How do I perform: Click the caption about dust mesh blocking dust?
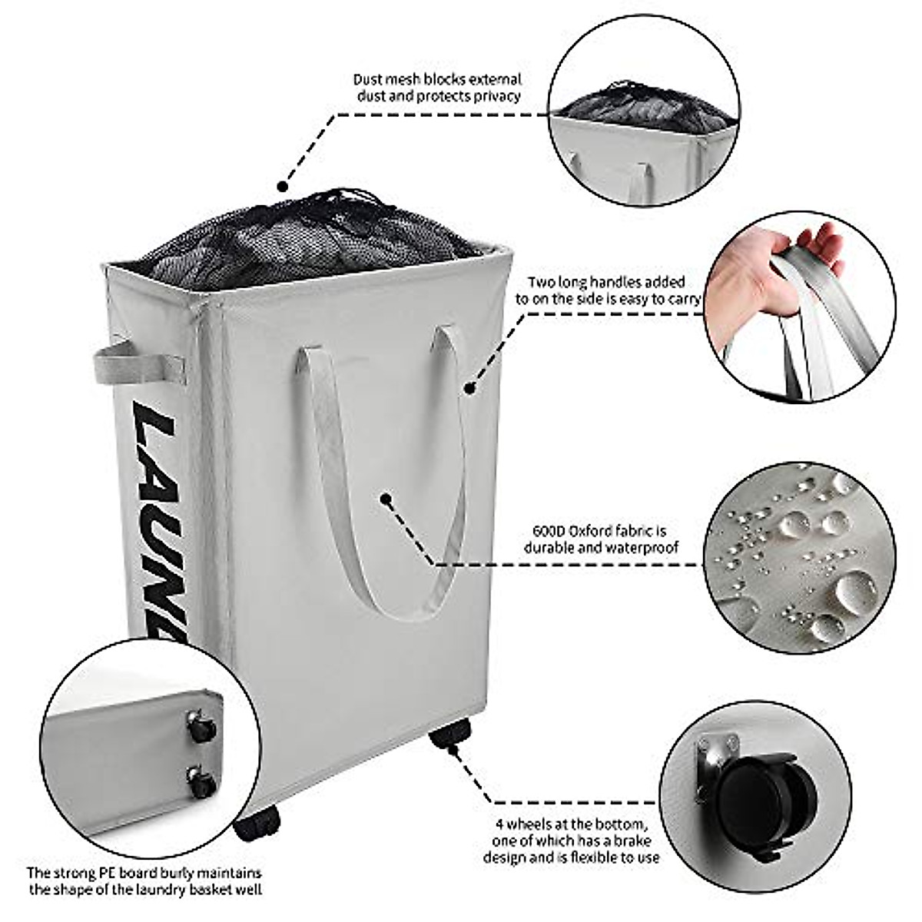(437, 88)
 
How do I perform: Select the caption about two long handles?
(608, 290)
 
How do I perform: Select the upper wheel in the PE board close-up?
(201, 727)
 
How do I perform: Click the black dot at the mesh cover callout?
(284, 185)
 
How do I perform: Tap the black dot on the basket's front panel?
(386, 500)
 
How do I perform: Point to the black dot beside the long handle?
(470, 389)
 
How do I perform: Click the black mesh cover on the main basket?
(307, 234)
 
